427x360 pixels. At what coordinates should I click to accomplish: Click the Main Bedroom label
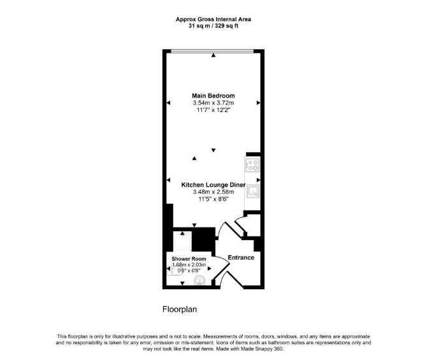point(213,96)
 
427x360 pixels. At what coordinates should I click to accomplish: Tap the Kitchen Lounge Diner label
point(213,185)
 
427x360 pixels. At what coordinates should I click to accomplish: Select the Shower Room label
point(189,259)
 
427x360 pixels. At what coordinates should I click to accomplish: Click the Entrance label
point(241,257)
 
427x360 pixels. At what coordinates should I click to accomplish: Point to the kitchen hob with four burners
point(252,165)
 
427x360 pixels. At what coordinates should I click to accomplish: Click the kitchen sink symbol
point(253,191)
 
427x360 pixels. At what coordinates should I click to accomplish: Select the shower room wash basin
point(199,280)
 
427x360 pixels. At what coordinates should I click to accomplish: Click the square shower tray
point(182,241)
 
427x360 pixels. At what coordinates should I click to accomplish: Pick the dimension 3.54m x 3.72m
point(213,103)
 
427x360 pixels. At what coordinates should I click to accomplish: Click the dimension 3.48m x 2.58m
point(213,192)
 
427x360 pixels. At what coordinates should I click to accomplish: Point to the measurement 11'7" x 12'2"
point(213,110)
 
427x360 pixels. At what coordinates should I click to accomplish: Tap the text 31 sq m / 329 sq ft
point(213,26)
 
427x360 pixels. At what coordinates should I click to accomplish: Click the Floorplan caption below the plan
point(180,310)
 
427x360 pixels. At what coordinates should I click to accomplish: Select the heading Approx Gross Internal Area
point(213,19)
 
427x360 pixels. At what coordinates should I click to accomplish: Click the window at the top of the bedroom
point(212,50)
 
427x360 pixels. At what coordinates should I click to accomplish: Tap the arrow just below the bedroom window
point(213,55)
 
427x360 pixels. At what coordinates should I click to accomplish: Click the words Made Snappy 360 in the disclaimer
point(262,349)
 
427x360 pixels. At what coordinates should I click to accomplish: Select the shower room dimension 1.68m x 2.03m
point(189,264)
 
